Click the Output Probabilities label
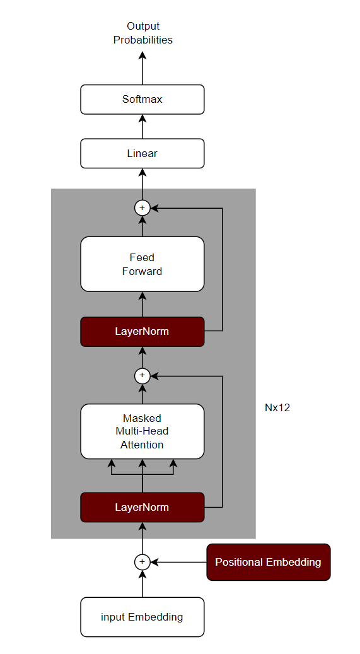coord(142,33)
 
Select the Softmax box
coord(142,100)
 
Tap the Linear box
coord(142,153)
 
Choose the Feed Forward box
coord(142,264)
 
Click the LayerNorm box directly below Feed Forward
coord(142,332)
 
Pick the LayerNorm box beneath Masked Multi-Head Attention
coord(142,507)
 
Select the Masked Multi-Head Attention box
coord(142,431)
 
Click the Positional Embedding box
coord(268,562)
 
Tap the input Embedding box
coord(142,617)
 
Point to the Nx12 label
coord(277,407)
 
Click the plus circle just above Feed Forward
coord(142,207)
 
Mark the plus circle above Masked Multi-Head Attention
coord(142,376)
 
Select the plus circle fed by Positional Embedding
coord(142,562)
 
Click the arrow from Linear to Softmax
coord(142,127)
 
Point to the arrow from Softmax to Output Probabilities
coord(142,68)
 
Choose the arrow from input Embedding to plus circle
coord(142,583)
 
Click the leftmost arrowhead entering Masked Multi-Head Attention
coord(112,464)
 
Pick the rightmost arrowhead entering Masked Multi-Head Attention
coord(173,464)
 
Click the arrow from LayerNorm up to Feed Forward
coord(142,305)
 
